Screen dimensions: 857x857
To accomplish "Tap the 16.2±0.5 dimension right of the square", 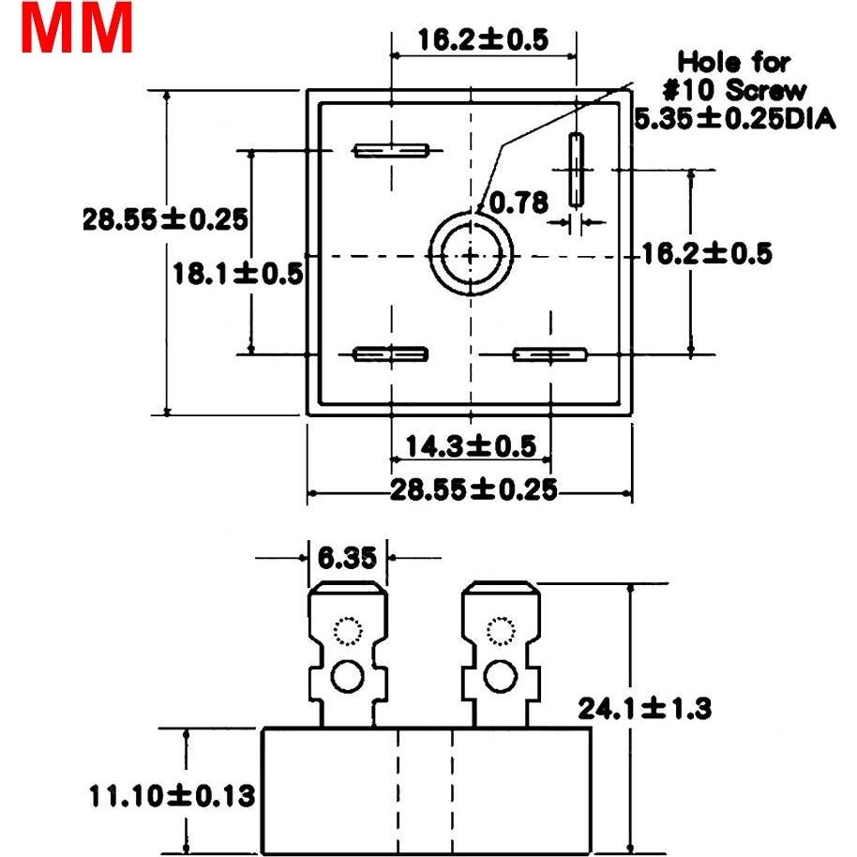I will (706, 253).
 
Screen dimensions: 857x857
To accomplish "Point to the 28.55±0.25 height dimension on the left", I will (165, 219).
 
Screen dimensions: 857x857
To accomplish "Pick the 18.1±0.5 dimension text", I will (238, 273).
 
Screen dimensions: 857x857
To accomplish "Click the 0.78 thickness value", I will (518, 203).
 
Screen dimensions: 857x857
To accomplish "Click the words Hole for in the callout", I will (734, 63).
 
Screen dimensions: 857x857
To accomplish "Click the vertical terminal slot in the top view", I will (576, 169).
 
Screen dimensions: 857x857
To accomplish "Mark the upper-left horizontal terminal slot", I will (390, 150).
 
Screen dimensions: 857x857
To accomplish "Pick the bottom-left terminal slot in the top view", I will (390, 353).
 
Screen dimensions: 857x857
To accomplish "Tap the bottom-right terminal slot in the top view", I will (549, 353).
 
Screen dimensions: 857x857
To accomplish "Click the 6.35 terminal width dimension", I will (347, 558).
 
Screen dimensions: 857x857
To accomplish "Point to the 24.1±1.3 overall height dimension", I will (643, 709).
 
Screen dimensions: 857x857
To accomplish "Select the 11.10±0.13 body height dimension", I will (172, 796).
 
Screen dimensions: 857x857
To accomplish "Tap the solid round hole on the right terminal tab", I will (501, 676).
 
